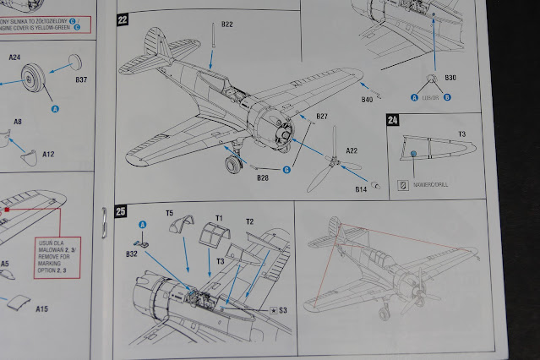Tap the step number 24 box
pyautogui.click(x=391, y=120)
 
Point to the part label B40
pyautogui.click(x=367, y=100)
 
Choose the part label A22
pyautogui.click(x=352, y=150)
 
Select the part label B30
pyautogui.click(x=451, y=79)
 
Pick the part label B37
pyautogui.click(x=81, y=79)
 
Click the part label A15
pyautogui.click(x=42, y=309)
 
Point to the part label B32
pyautogui.click(x=132, y=253)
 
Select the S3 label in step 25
pyautogui.click(x=284, y=310)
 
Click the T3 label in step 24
pyautogui.click(x=462, y=134)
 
